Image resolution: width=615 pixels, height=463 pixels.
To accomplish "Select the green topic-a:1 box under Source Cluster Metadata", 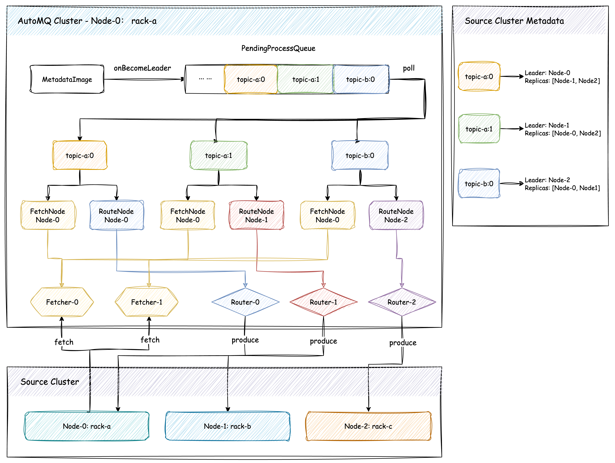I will pyautogui.click(x=479, y=129).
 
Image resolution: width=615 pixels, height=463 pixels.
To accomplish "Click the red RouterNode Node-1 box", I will pyautogui.click(x=256, y=215).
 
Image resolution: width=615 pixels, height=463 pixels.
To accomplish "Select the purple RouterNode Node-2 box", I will pyautogui.click(x=396, y=215).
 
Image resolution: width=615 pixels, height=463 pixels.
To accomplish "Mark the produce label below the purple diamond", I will pyautogui.click(x=403, y=342).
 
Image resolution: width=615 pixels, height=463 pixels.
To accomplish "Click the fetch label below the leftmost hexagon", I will pyautogui.click(x=64, y=342).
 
